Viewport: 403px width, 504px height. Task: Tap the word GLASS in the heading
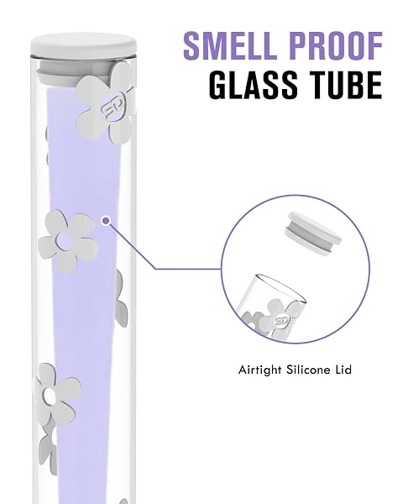pyautogui.click(x=254, y=85)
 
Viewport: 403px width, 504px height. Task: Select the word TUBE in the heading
pyautogui.click(x=343, y=85)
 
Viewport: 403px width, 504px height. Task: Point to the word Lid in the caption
pyautogui.click(x=344, y=370)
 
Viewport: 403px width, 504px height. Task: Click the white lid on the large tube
pyautogui.click(x=84, y=46)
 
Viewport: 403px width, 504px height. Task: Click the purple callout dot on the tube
pyautogui.click(x=106, y=221)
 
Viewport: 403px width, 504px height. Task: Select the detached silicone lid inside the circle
pyautogui.click(x=313, y=233)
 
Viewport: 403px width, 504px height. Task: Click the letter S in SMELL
pyautogui.click(x=193, y=45)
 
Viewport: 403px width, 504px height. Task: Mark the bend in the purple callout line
pyautogui.click(x=155, y=269)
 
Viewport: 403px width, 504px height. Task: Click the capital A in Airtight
pyautogui.click(x=243, y=370)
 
